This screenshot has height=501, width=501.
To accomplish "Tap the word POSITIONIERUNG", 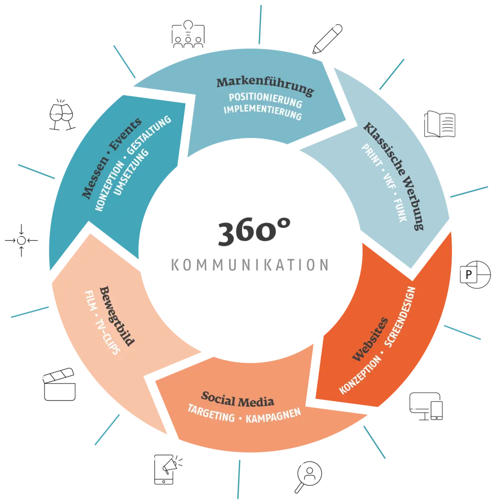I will click(x=265, y=100).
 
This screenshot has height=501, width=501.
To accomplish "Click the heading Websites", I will click(x=370, y=340).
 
